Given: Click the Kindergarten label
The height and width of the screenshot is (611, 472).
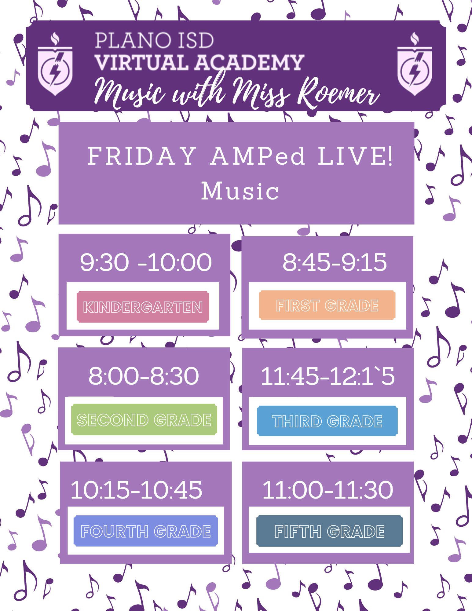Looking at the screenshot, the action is coord(143,307).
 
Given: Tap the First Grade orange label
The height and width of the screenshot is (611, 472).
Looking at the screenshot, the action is coord(327,305).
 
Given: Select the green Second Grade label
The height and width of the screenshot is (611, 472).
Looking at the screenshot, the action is coord(144,419).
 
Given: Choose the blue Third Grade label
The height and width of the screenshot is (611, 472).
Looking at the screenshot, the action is coord(327,421).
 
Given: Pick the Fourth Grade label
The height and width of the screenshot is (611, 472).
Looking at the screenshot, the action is coord(146,531).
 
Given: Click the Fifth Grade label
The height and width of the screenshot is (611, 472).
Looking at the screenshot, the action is coord(329,531).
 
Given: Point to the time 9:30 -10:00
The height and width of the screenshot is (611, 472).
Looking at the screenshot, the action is coord(146,262).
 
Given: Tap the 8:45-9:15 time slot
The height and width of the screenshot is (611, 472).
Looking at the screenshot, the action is coord(335,262).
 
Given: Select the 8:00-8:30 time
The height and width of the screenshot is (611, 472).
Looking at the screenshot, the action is coord(144,376).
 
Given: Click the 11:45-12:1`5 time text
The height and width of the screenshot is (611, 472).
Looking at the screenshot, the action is coord(327,376).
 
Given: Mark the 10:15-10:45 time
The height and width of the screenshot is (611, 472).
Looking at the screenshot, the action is coord(136,490).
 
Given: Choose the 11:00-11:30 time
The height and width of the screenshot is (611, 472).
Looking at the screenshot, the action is coord(327,490).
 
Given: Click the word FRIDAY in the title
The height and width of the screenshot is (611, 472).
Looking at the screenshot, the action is coord(142,156).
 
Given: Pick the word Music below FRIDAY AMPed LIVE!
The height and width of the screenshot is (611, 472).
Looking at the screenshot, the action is coord(240,191).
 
